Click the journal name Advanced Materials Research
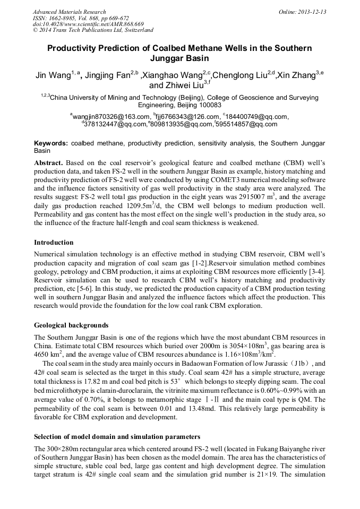(x=69, y=12)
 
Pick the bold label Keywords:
(x=51, y=143)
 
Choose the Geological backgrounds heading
(x=71, y=325)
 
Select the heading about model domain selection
(x=117, y=437)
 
